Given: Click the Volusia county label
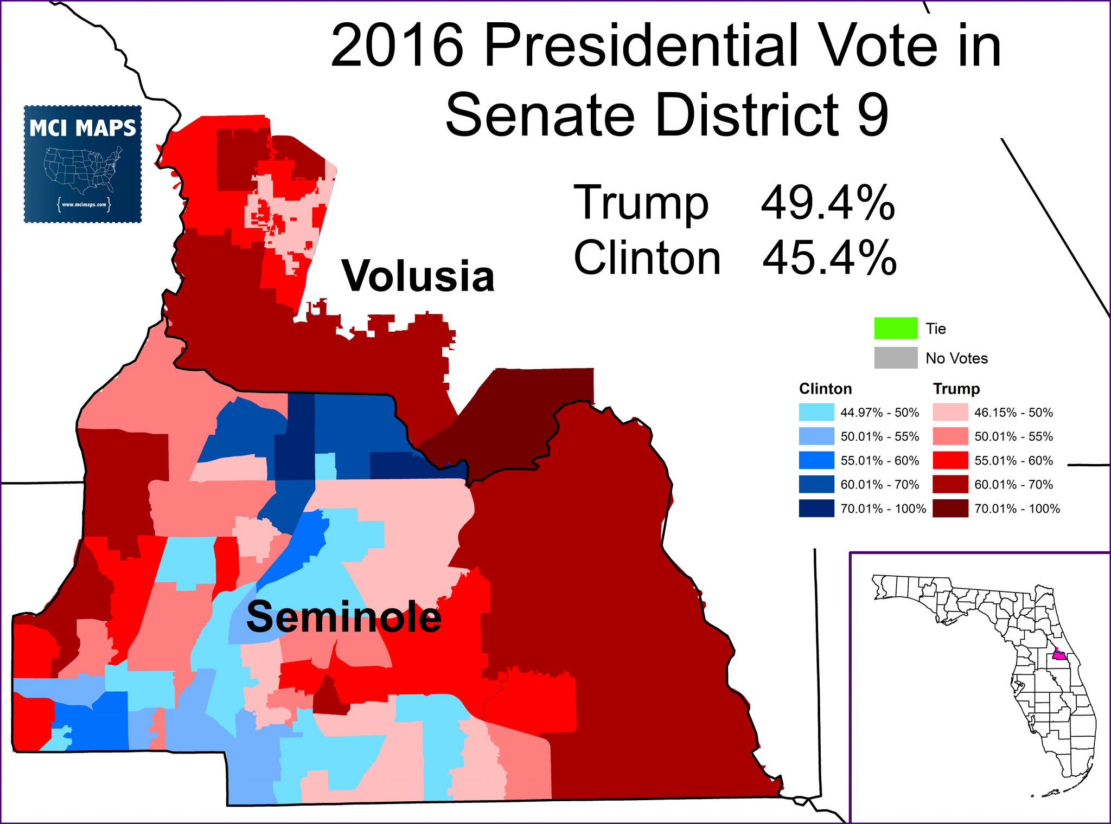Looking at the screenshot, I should click(418, 276).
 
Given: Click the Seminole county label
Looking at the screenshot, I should click(344, 617).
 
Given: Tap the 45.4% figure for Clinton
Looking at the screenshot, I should click(829, 258).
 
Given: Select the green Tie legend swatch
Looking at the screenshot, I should click(895, 328).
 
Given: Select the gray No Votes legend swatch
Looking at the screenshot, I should click(895, 358).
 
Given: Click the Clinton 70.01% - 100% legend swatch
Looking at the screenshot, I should click(816, 508).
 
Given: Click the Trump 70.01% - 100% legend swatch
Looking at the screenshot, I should click(950, 508).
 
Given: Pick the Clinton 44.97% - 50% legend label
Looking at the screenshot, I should click(879, 413).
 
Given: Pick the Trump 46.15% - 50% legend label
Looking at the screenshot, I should click(1013, 413).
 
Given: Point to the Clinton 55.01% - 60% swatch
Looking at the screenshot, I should click(816, 460).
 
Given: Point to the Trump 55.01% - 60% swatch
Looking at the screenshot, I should click(950, 460).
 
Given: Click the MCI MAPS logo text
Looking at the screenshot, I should click(82, 128).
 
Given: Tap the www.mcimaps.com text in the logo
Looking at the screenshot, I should click(84, 205).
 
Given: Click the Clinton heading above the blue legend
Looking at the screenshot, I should click(825, 389).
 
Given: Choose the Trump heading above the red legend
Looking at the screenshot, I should click(956, 389).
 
